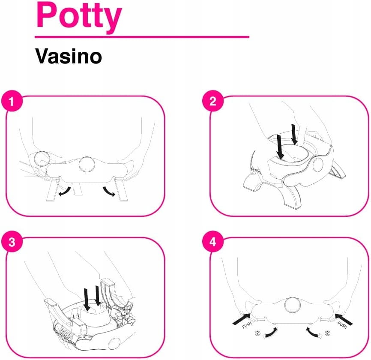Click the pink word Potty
click(x=79, y=17)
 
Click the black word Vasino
click(x=69, y=56)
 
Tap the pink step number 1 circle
click(x=12, y=101)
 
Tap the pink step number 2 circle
click(x=213, y=101)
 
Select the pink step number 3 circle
click(x=12, y=242)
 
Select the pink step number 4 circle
click(x=213, y=242)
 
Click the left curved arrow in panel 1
click(x=65, y=192)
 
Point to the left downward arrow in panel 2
click(x=280, y=147)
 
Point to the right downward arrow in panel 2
click(x=294, y=134)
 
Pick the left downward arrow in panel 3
click(x=87, y=300)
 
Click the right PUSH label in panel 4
click(x=342, y=325)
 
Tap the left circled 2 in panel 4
click(x=257, y=333)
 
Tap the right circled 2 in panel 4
click(x=327, y=333)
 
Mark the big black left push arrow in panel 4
click(x=242, y=319)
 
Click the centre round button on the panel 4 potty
click(x=293, y=305)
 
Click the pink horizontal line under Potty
click(x=142, y=37)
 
